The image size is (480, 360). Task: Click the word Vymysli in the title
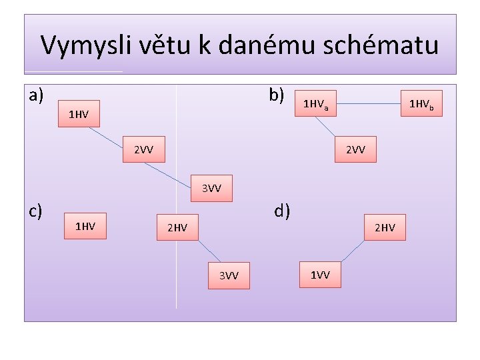click(x=79, y=45)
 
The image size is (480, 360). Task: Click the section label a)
click(x=37, y=95)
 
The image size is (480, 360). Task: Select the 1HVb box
click(x=425, y=104)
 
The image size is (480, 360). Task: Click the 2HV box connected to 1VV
click(x=385, y=228)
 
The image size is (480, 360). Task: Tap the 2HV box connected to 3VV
click(x=177, y=229)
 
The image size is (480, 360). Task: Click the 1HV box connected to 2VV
click(x=78, y=115)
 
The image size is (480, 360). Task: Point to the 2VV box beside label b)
click(x=355, y=149)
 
